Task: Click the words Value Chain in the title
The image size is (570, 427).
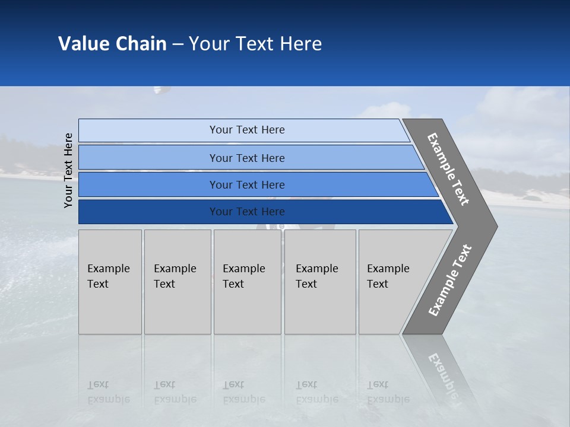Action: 112,44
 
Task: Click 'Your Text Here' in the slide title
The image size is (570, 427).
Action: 255,44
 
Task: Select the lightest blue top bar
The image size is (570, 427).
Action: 148,130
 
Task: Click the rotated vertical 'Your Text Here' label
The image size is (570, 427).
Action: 68,170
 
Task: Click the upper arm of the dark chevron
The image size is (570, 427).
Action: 448,169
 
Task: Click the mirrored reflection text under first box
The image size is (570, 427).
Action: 108,392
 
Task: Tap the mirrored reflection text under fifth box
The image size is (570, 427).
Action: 388,392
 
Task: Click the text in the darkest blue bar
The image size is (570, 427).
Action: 247,212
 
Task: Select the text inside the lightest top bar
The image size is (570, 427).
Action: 247,130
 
